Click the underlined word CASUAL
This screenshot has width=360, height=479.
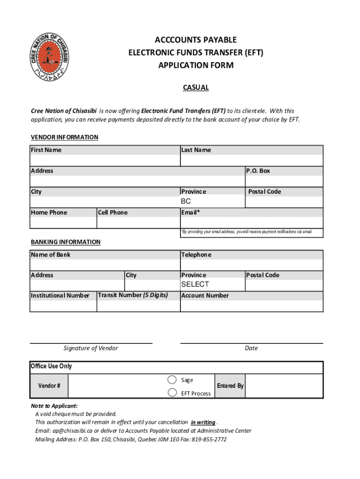[x=195, y=87]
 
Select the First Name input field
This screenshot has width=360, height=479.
[x=105, y=160]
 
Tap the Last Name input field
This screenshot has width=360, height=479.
[x=251, y=160]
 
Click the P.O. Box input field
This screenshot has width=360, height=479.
[x=284, y=181]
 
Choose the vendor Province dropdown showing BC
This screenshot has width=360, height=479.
[x=212, y=202]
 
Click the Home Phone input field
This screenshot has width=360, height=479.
[x=63, y=223]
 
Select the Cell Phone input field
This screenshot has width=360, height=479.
[x=138, y=223]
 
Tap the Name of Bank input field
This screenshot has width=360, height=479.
[x=105, y=265]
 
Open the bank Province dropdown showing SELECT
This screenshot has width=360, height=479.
[x=212, y=284]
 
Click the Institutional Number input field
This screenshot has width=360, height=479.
[x=63, y=306]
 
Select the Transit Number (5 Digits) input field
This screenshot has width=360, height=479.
[x=138, y=306]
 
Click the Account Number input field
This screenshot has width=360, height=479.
[x=251, y=306]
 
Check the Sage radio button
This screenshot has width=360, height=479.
[x=173, y=380]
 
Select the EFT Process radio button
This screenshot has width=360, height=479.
[x=173, y=392]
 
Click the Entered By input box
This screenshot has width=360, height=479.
[x=284, y=386]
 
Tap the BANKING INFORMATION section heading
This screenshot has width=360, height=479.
[x=65, y=242]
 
